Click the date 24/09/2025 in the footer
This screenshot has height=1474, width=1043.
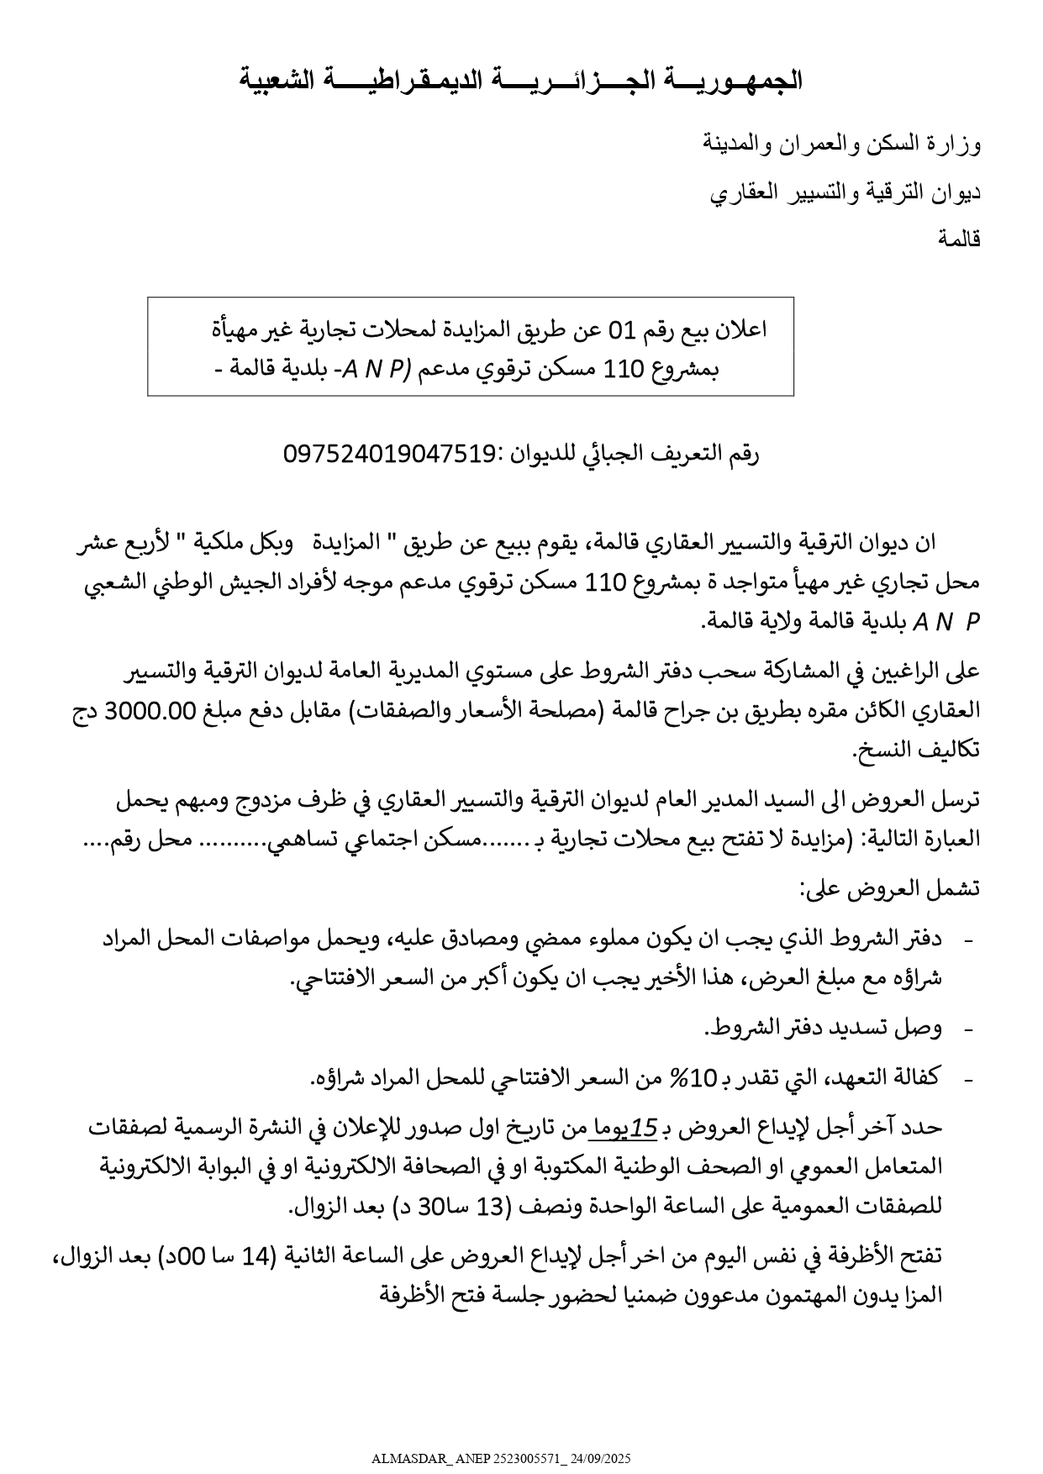(x=603, y=1459)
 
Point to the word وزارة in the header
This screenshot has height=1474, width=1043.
(x=957, y=145)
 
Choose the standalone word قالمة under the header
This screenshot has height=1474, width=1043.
(x=960, y=240)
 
